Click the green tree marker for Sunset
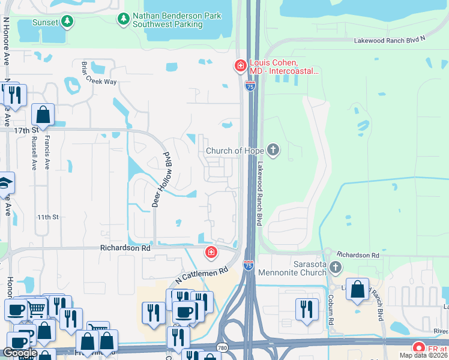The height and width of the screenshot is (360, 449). click(x=68, y=22)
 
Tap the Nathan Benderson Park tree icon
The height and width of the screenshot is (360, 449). click(x=124, y=19)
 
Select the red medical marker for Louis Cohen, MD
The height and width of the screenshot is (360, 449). click(x=240, y=65)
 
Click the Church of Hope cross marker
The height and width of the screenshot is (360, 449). click(x=273, y=150)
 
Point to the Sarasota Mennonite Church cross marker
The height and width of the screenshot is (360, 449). click(x=336, y=267)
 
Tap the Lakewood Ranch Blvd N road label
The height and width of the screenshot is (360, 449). click(x=389, y=39)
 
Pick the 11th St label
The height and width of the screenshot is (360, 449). click(x=47, y=217)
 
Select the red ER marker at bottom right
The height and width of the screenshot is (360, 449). click(x=418, y=347)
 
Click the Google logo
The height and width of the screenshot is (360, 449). click(x=19, y=353)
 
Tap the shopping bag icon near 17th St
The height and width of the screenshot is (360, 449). click(x=43, y=114)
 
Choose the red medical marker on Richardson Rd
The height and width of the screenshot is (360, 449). click(x=211, y=253)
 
